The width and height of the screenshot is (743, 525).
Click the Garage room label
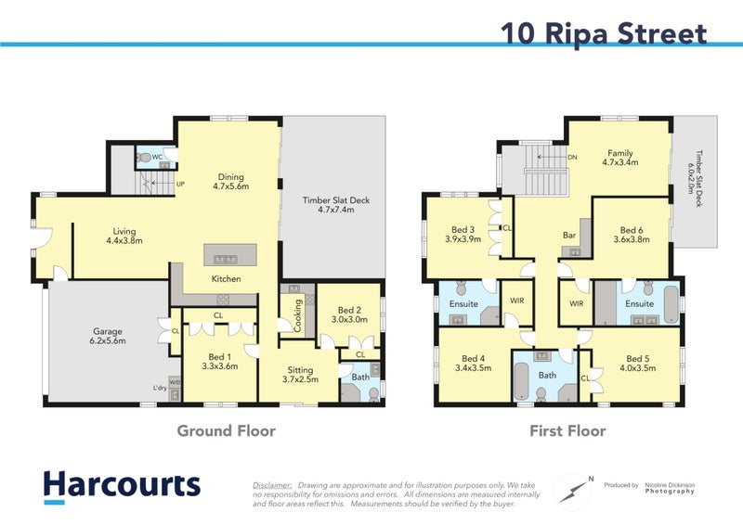(109, 335)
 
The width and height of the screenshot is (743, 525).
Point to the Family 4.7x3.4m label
(620, 159)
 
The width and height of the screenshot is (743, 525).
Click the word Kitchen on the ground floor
(226, 278)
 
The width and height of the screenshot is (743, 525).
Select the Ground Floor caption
(227, 431)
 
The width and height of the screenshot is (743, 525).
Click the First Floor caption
(567, 431)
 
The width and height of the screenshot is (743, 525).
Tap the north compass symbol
(573, 488)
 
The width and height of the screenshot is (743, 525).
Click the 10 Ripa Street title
(604, 33)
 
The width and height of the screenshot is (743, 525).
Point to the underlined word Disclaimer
(272, 484)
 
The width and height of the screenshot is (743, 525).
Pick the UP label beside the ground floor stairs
(180, 184)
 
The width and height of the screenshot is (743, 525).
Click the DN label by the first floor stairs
(573, 158)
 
